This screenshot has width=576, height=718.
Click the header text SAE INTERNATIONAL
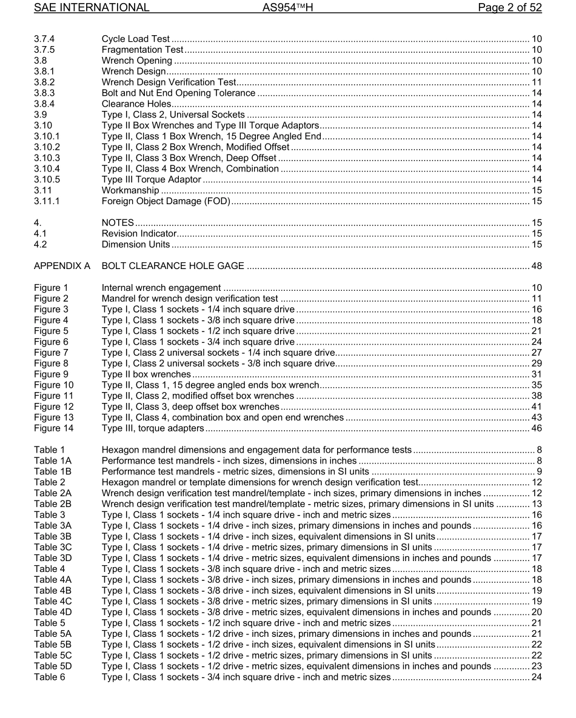click(x=92, y=8)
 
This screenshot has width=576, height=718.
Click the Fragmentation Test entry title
click(x=142, y=50)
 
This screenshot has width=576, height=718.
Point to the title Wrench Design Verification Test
click(x=169, y=82)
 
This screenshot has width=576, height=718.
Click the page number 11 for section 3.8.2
click(x=536, y=82)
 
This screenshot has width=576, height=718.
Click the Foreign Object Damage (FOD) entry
click(x=166, y=202)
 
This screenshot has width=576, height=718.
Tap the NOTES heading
click(x=118, y=223)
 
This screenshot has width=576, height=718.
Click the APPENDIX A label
click(x=62, y=266)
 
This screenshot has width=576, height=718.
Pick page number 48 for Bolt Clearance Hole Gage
click(x=536, y=266)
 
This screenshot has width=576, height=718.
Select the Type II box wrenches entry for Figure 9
click(x=146, y=374)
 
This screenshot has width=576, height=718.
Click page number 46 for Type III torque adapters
click(x=536, y=428)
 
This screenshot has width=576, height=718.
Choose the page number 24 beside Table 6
click(x=536, y=677)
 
